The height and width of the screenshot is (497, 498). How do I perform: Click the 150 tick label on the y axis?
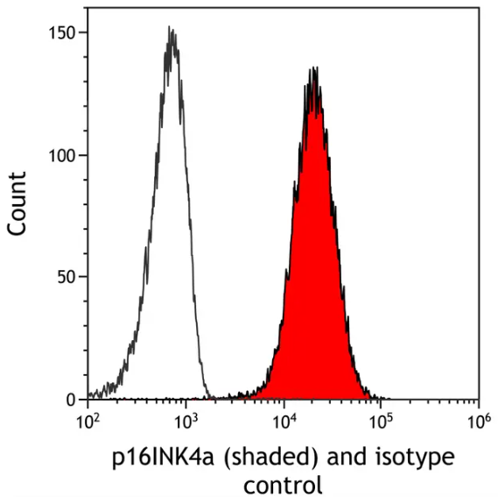[x=64, y=33]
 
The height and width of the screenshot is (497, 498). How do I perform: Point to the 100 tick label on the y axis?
[x=64, y=155]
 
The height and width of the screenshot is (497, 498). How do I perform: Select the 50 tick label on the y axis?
[x=67, y=277]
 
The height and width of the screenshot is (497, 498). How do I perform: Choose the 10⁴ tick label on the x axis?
[x=283, y=422]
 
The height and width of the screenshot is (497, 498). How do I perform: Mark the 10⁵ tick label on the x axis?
[x=380, y=422]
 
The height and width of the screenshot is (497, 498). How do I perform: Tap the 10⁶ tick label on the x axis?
[x=477, y=422]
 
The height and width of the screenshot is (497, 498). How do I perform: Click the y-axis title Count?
[x=18, y=203]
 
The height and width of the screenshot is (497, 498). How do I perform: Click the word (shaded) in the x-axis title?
[x=251, y=458]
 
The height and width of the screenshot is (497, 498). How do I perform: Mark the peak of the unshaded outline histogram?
[x=172, y=29]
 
